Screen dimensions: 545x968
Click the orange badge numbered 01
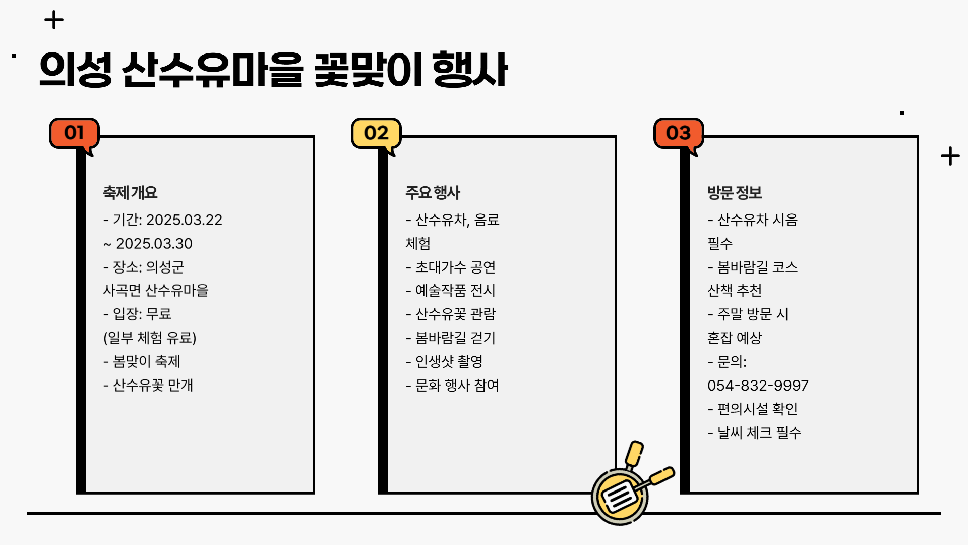74,133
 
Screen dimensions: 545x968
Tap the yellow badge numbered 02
376,133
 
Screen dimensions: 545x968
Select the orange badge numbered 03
678,133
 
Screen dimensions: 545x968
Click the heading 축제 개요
130,192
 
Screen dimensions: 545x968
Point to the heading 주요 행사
433,192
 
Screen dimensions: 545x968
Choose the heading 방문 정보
735,192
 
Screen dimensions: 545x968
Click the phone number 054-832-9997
758,386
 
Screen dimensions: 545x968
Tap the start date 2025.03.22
184,220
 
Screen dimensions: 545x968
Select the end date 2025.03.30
154,244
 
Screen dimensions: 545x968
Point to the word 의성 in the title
76,70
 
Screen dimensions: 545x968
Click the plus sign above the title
54,21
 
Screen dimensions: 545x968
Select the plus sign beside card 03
950,156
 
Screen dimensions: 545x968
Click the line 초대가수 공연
455,267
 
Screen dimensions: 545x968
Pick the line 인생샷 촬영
448,361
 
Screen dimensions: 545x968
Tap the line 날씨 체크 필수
759,432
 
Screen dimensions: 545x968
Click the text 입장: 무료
142,314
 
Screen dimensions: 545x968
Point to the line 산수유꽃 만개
152,385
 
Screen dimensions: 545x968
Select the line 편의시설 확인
757,409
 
